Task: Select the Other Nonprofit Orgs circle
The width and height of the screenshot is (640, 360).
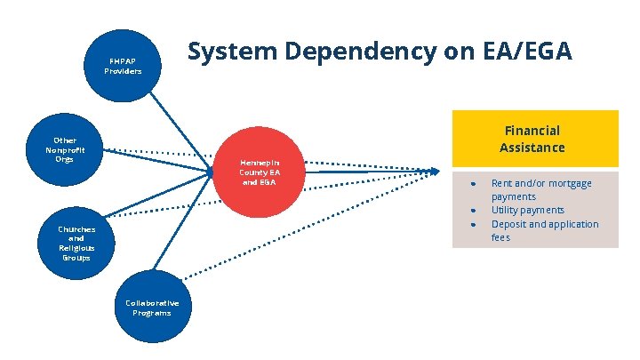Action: pos(65,149)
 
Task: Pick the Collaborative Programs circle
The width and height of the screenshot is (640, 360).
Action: pos(152,308)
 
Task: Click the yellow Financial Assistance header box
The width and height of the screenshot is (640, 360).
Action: pos(534,138)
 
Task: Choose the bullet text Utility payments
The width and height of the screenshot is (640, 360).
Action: pos(527,210)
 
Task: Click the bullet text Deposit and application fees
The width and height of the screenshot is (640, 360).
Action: pos(545,230)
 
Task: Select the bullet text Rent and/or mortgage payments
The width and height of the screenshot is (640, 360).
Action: pos(541,189)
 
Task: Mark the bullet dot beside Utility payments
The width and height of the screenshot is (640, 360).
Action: pos(475,210)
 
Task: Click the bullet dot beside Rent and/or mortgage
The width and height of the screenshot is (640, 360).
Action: pos(475,183)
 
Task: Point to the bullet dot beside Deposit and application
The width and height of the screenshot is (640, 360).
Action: pos(475,224)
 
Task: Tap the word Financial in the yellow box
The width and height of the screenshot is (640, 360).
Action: pos(532,130)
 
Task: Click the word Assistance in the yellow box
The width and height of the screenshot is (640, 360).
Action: pos(532,147)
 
